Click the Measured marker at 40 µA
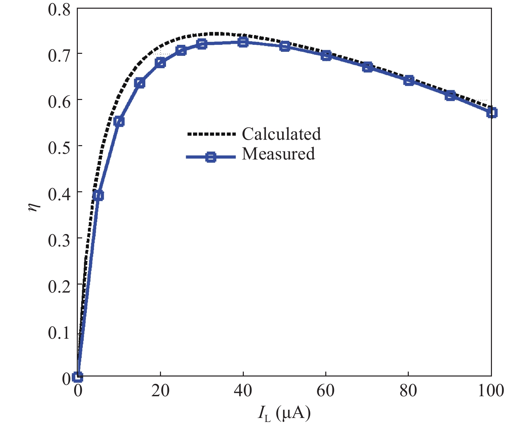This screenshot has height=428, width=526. click(243, 42)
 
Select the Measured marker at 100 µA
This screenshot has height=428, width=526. click(492, 113)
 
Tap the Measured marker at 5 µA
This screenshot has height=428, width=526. click(98, 196)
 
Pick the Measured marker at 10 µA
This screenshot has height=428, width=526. click(119, 121)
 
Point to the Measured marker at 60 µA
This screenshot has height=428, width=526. click(326, 56)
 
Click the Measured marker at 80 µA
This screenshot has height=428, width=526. click(409, 81)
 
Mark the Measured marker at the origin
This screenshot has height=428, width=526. click(77, 377)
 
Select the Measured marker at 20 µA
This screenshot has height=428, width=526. click(160, 63)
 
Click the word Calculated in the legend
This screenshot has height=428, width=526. click(281, 134)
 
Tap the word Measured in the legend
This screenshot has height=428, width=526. click(278, 154)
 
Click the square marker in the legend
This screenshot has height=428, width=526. click(210, 157)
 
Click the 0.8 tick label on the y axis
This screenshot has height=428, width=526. click(59, 9)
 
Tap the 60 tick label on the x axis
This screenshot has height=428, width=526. click(326, 391)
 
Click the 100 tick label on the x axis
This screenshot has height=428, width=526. click(491, 391)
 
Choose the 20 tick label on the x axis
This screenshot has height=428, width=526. click(160, 391)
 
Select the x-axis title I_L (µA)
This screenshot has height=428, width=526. click(284, 414)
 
